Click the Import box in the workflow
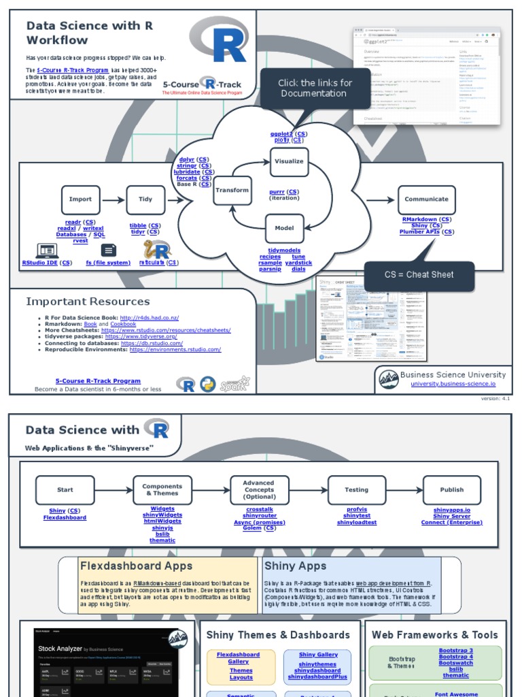coord(80,199)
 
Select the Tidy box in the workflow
coord(145,199)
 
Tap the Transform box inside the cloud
coord(232,191)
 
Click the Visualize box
coord(289,162)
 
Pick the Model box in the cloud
coord(284,228)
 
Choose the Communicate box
coord(426,199)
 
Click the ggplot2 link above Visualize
coord(281,134)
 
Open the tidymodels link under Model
coord(284,250)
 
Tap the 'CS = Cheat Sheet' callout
coord(419,275)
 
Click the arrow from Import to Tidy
coord(113,199)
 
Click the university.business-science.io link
coord(453,384)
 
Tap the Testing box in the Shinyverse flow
coord(356,489)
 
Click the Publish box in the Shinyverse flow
coord(451,489)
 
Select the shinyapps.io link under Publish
coord(451,509)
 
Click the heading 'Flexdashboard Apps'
coord(136,566)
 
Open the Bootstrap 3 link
coord(455,651)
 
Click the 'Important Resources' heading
coord(88,301)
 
